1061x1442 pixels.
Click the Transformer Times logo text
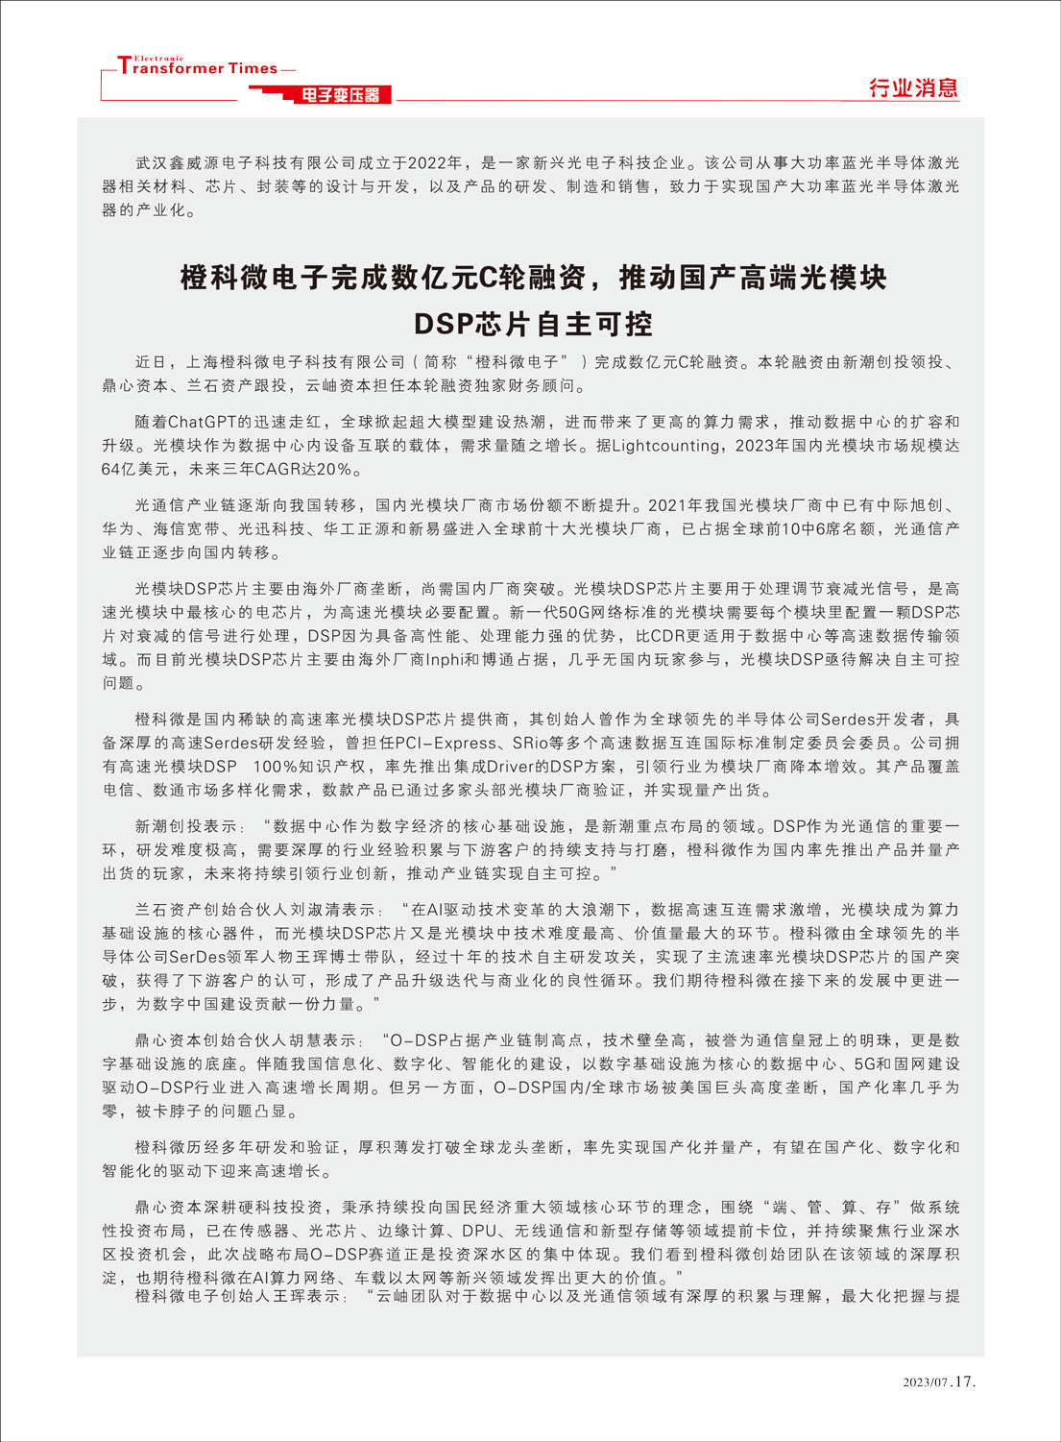click(x=198, y=67)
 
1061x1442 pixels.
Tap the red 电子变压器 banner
click(x=340, y=94)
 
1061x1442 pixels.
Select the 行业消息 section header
click(x=913, y=88)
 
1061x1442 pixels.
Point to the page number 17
click(x=965, y=1381)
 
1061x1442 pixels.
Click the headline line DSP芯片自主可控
click(x=533, y=324)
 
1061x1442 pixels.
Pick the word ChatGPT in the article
click(x=203, y=422)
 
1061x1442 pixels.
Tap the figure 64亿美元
click(x=135, y=470)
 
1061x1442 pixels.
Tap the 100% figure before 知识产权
click(x=275, y=767)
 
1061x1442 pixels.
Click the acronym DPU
click(x=479, y=1231)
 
